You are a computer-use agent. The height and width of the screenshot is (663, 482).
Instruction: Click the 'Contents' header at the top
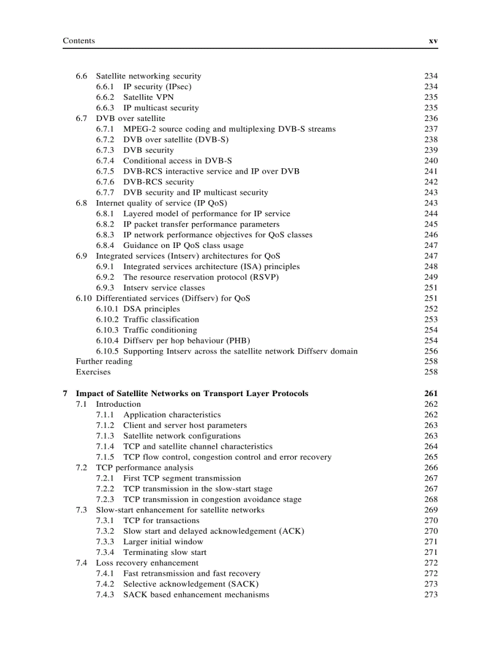click(x=79, y=41)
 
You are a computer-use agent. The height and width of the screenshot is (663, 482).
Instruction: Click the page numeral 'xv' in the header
click(x=432, y=41)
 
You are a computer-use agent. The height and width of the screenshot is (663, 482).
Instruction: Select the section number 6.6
click(x=82, y=76)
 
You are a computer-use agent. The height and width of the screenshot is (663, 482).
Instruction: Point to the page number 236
click(x=431, y=119)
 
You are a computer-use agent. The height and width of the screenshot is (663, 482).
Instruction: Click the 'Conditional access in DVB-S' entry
click(x=177, y=161)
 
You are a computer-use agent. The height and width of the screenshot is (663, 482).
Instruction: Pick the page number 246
click(x=431, y=235)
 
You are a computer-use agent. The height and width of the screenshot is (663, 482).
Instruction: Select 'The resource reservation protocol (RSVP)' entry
click(x=201, y=277)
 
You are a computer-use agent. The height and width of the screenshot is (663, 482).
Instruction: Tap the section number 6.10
click(x=83, y=299)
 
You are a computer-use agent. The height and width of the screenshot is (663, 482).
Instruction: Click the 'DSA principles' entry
click(x=151, y=309)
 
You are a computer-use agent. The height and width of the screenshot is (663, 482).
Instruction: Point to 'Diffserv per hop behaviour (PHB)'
click(x=187, y=341)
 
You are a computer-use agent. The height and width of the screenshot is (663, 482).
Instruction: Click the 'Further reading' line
click(x=104, y=361)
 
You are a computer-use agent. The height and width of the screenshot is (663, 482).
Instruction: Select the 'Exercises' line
click(x=93, y=372)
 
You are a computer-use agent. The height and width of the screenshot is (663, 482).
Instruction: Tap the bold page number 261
click(x=431, y=394)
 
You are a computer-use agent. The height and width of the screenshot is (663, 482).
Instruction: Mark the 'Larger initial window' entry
click(x=163, y=542)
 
